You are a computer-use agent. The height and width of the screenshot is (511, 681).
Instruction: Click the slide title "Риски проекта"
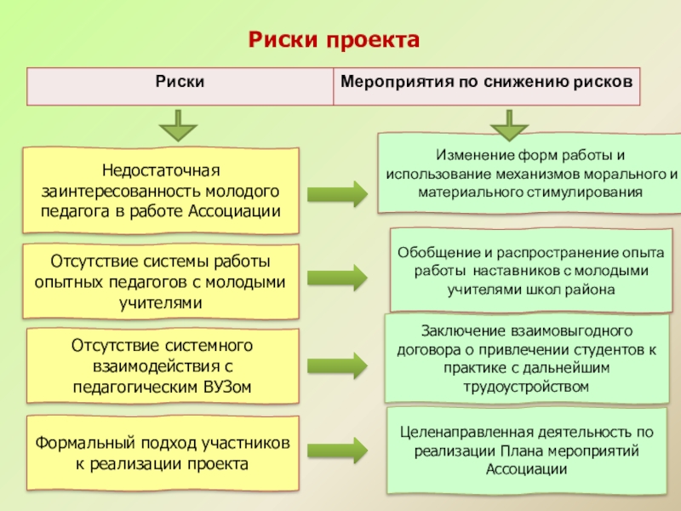[334, 40]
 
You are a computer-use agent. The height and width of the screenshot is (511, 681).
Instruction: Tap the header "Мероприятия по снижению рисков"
[486, 83]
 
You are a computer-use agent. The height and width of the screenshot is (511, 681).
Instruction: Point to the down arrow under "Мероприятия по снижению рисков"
[509, 124]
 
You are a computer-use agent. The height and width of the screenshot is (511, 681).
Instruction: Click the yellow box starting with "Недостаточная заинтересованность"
[161, 190]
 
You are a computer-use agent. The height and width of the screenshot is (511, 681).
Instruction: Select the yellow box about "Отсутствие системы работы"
[161, 280]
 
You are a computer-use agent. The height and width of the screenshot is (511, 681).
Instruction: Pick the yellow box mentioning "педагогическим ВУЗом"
[161, 367]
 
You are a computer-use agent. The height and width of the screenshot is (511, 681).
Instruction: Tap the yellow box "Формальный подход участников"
[161, 454]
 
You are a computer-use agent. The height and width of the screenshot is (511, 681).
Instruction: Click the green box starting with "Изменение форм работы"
[529, 174]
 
